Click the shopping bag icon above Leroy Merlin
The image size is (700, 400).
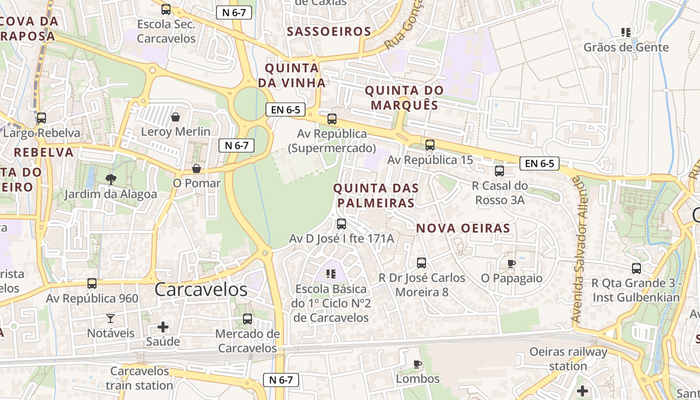[175, 117]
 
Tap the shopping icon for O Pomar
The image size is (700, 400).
[196, 169]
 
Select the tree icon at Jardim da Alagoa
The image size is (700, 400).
[110, 179]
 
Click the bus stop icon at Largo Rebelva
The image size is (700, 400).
[41, 118]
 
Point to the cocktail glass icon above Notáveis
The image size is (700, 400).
[110, 318]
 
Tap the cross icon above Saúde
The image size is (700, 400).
[163, 327]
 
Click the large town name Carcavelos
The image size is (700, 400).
[200, 289]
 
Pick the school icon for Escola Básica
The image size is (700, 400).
[330, 273]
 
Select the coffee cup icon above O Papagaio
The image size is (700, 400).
[511, 263]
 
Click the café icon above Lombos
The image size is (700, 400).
[417, 364]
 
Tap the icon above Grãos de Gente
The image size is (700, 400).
[625, 33]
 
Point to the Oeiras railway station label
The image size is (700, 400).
[568, 358]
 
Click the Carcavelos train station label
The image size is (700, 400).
[139, 378]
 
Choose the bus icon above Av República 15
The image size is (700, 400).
[429, 145]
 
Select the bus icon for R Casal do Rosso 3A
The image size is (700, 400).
[499, 171]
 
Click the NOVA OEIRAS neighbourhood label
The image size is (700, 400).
[463, 228]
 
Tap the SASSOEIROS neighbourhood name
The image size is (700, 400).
[329, 31]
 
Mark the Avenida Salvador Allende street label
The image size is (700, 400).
[579, 249]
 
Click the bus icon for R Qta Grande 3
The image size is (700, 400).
[636, 268]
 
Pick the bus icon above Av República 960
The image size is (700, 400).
[92, 283]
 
